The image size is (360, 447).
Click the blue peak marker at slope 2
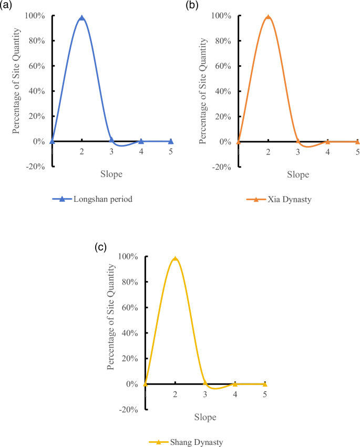81,18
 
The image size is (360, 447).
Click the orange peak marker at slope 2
268,17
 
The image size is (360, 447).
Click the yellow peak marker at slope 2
175,259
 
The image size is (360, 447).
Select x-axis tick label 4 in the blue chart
141,151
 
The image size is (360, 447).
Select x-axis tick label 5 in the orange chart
357,151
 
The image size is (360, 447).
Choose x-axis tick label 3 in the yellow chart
205,394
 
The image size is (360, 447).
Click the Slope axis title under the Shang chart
204,417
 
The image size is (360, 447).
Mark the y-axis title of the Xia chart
203,91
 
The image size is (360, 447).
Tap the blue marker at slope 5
171,141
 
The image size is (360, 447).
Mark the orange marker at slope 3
297,141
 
